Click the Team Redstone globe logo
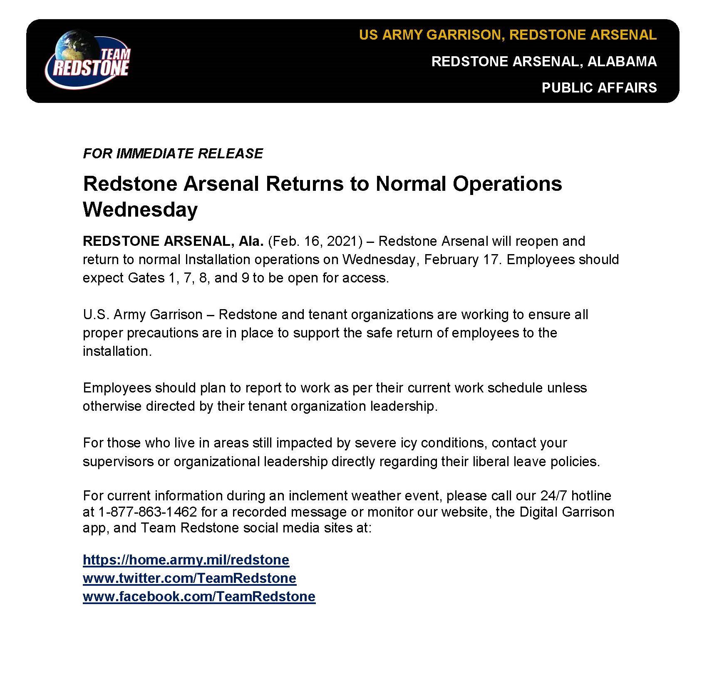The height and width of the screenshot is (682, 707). click(87, 59)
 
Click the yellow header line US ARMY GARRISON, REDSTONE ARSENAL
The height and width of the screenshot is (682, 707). click(508, 35)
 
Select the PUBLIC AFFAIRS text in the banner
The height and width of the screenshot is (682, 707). click(599, 87)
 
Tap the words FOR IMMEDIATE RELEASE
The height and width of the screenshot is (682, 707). click(173, 153)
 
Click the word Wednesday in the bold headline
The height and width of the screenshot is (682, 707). click(140, 209)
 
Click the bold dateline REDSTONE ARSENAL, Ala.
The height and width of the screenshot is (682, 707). click(173, 241)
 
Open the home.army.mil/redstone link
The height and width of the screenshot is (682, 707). click(186, 560)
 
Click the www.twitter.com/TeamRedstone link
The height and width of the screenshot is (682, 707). click(189, 578)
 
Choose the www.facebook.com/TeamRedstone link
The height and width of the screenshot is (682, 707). click(199, 596)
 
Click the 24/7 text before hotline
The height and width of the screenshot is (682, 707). click(554, 495)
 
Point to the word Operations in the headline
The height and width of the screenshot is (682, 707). click(507, 184)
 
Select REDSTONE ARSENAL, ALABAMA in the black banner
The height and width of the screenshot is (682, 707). click(544, 61)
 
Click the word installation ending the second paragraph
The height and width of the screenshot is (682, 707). click(116, 351)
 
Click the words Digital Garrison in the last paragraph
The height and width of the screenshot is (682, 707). click(567, 512)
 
